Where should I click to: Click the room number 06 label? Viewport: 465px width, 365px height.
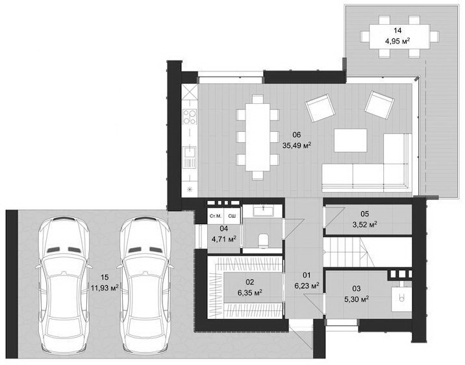(297, 135)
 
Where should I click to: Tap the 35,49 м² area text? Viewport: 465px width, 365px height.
(297, 145)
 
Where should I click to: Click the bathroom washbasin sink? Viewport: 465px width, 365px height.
(263, 210)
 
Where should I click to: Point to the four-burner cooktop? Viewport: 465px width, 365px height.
(190, 116)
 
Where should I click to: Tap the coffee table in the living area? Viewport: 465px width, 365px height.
(351, 140)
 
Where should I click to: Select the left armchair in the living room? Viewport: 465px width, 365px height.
(320, 108)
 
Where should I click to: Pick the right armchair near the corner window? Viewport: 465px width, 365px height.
(379, 106)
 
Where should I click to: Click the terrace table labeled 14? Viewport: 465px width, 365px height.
(399, 37)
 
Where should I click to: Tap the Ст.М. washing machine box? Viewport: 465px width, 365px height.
(216, 216)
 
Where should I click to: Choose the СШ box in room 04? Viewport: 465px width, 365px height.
(232, 216)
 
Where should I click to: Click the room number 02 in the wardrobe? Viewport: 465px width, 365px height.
(250, 282)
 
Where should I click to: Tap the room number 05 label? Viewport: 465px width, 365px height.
(365, 214)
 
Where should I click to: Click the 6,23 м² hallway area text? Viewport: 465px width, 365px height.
(307, 285)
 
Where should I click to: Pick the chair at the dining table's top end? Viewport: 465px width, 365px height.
(258, 99)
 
